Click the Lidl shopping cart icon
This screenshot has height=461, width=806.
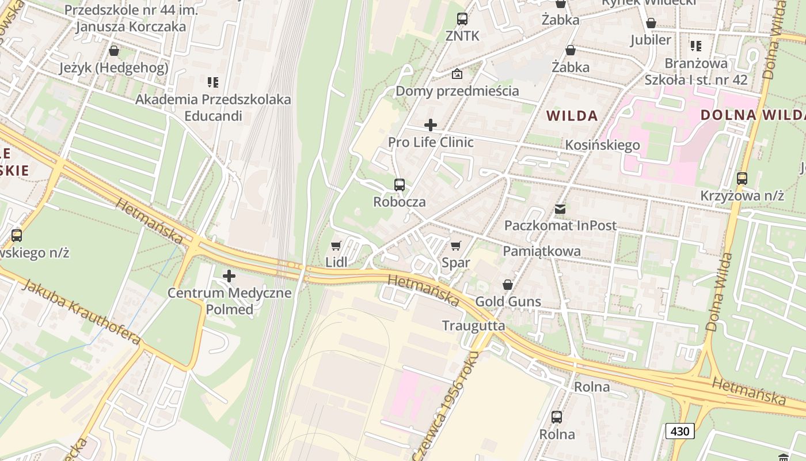pos(336,246)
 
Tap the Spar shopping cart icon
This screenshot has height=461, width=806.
pos(456,246)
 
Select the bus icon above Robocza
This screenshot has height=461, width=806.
pos(400,185)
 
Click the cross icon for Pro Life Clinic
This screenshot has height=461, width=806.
pos(430,125)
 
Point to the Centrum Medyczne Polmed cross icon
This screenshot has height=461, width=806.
pos(229,276)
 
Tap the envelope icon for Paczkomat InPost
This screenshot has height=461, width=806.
pos(560,209)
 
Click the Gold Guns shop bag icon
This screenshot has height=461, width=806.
pos(508,285)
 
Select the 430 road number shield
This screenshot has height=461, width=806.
pos(680,430)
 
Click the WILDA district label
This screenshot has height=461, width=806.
pos(572,115)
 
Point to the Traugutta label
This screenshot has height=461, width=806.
pos(473,326)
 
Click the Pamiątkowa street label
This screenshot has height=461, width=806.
pos(542,251)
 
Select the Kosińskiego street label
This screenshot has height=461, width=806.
pos(602,145)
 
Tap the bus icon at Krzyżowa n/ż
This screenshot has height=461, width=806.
pos(742,179)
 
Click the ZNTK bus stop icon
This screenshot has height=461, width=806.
pos(462,19)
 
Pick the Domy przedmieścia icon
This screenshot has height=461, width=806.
pos(457,74)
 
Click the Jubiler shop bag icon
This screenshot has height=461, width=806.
pos(651,23)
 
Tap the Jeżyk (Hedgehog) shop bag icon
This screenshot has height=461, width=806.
pos(114,51)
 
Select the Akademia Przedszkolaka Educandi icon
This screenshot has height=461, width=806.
pos(213,82)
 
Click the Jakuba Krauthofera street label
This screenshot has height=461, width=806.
pos(81,311)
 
